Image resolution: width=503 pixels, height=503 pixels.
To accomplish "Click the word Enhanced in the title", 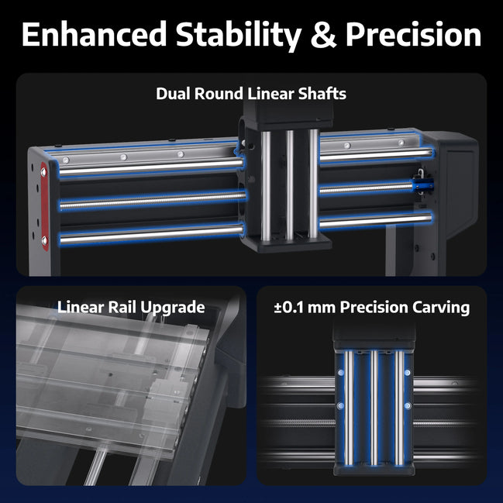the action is (94, 34).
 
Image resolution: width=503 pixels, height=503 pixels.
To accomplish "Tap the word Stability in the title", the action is (239, 36).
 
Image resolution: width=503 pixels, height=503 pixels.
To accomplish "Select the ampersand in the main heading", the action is (323, 35).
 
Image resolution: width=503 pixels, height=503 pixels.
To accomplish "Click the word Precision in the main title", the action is (414, 34).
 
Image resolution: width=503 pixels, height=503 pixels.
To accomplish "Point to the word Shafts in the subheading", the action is (322, 94).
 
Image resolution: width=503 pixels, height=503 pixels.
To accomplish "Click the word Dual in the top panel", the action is (174, 94).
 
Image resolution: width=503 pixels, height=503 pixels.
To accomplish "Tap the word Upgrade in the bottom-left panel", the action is (173, 308).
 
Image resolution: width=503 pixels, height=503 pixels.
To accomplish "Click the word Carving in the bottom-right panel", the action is (441, 308).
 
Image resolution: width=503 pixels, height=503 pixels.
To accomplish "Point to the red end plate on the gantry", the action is (45, 207).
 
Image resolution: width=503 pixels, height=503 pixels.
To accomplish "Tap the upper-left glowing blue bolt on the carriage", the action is (341, 373).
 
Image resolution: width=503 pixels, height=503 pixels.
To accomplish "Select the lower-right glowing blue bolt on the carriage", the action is (408, 406).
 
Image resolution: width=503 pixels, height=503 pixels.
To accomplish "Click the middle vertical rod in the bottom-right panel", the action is (374, 408).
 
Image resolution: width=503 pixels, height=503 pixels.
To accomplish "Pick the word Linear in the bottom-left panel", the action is (80, 307).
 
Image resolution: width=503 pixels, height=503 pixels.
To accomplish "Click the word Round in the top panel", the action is (219, 94).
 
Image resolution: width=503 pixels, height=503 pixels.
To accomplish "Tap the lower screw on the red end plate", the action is (45, 240).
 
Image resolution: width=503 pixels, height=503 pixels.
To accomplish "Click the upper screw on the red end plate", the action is (43, 172).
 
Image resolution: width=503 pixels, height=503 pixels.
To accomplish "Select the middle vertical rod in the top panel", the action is (290, 185).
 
